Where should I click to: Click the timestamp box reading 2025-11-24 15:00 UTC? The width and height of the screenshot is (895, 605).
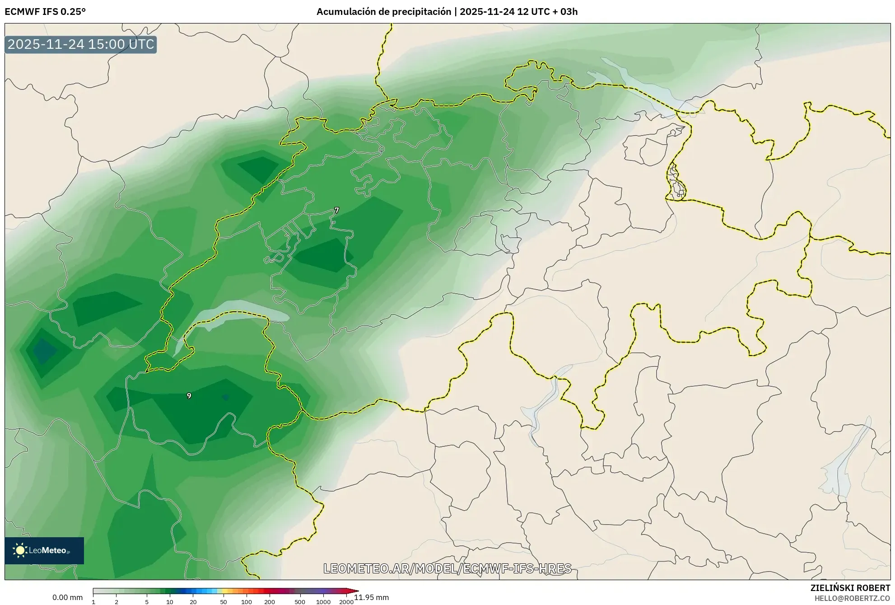(x=81, y=44)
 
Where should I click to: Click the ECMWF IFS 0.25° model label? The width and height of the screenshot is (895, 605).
(x=45, y=12)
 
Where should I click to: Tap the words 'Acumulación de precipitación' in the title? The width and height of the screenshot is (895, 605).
(x=383, y=12)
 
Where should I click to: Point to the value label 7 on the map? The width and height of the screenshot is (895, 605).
(x=337, y=210)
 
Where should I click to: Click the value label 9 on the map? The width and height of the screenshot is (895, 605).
(x=189, y=396)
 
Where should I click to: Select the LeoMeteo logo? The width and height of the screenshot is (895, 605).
(x=44, y=550)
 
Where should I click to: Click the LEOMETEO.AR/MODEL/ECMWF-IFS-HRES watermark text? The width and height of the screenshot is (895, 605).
(x=447, y=568)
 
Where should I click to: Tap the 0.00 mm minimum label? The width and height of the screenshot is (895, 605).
(x=67, y=597)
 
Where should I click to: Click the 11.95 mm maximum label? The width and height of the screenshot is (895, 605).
(x=371, y=597)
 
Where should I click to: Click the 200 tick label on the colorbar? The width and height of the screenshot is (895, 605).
(x=270, y=602)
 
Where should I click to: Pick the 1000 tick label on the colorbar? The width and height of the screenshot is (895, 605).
(x=323, y=602)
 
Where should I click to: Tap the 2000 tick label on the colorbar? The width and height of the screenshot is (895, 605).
(x=346, y=602)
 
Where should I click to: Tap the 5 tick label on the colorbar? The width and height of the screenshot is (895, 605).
(x=147, y=602)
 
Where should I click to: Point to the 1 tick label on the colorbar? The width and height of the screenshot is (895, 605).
(x=93, y=602)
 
